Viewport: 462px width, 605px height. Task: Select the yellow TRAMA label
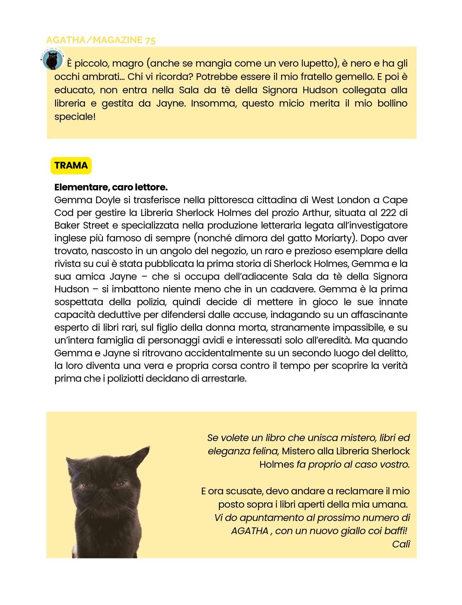click(x=71, y=166)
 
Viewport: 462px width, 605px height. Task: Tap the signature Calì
click(x=401, y=544)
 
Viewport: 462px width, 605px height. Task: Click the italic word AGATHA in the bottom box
click(x=249, y=531)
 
